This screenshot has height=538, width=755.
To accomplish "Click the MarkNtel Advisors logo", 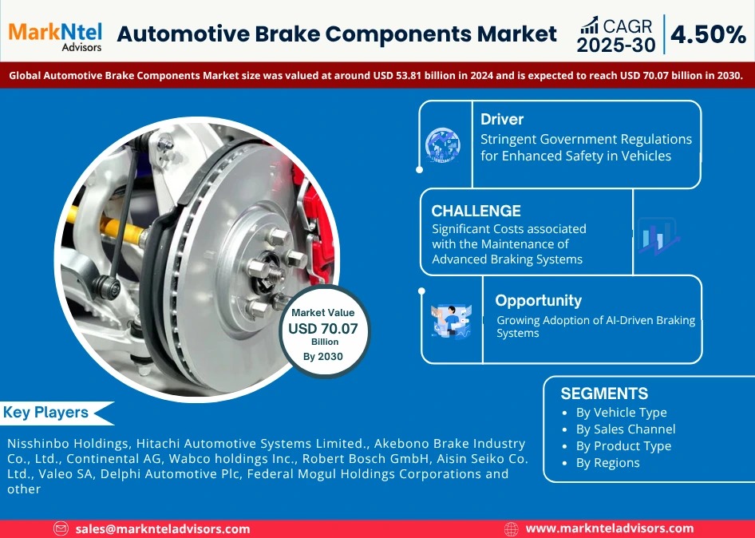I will (x=56, y=34).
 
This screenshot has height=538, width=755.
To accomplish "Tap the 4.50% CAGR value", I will (x=708, y=34).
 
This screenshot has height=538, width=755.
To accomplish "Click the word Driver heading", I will (x=502, y=120).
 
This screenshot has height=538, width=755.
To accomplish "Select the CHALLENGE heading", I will (x=476, y=211).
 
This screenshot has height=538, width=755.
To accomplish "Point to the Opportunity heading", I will (x=538, y=300).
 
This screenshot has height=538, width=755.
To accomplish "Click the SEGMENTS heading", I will (x=604, y=394).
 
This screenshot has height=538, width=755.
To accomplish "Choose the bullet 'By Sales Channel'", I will (x=625, y=429).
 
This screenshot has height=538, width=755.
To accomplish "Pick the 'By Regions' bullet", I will (x=607, y=463).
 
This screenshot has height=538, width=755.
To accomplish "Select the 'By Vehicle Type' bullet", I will (x=621, y=413).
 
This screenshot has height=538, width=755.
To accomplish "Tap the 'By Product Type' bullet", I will (x=623, y=446).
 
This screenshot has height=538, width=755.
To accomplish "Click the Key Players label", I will (x=46, y=413).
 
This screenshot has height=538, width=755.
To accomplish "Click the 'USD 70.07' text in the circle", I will (x=323, y=328).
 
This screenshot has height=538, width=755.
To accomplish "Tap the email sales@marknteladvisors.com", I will (x=162, y=528).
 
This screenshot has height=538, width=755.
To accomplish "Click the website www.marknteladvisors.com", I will (x=609, y=528).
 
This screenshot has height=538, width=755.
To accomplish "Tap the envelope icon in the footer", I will (x=61, y=528).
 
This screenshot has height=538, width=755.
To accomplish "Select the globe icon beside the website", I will (x=512, y=528).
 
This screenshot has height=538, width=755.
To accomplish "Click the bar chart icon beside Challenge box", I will (x=657, y=236).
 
